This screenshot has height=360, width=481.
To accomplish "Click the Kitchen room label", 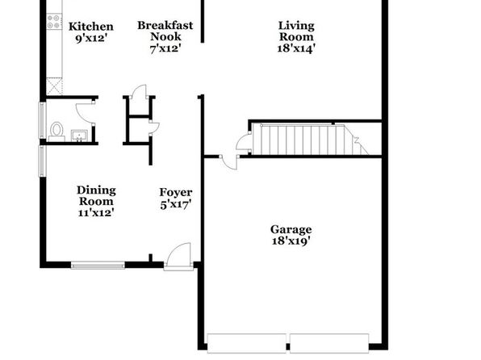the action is click(91, 27).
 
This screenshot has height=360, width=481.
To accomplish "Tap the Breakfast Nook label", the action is click(165, 31).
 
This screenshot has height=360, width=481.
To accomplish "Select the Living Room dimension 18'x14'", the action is click(296, 48).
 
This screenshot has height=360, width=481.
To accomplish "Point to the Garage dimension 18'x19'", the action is click(291, 241).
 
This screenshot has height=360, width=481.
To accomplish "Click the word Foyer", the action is click(176, 192).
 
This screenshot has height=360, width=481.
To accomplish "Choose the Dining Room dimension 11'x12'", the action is click(96, 212).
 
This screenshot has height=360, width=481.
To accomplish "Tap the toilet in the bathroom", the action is click(56, 132).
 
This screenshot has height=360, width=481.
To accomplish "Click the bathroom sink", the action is click(79, 136).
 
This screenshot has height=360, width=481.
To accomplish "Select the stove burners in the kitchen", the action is click(54, 22).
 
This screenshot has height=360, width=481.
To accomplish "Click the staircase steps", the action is click(311, 140).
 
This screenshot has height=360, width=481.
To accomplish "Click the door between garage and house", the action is click(229, 162).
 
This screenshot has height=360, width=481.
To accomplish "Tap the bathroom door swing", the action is click(86, 111).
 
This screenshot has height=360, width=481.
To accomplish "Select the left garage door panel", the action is click(247, 343).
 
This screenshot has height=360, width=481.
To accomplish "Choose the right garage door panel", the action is click(329, 343).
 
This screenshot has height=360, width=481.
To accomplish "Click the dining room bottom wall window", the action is click(98, 266).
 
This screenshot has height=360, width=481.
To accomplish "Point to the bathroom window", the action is click(42, 120).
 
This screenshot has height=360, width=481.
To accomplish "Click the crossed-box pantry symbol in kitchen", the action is click(54, 86).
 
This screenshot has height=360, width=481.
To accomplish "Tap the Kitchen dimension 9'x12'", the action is click(91, 39).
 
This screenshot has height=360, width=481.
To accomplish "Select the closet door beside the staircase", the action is click(244, 141).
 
